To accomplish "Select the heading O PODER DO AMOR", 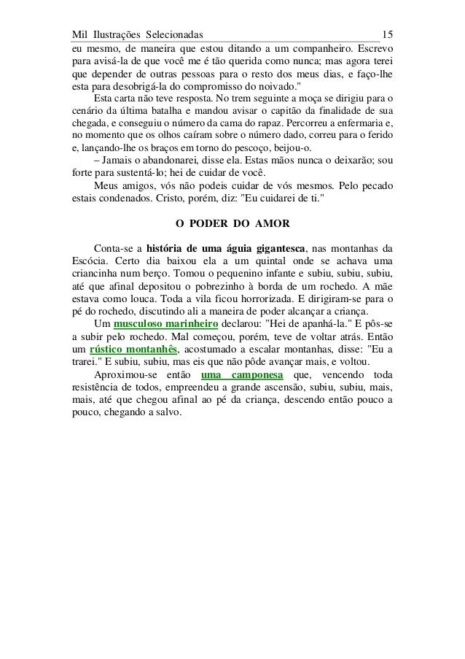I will [x=232, y=223].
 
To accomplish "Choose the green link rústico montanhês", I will [x=134, y=350].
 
